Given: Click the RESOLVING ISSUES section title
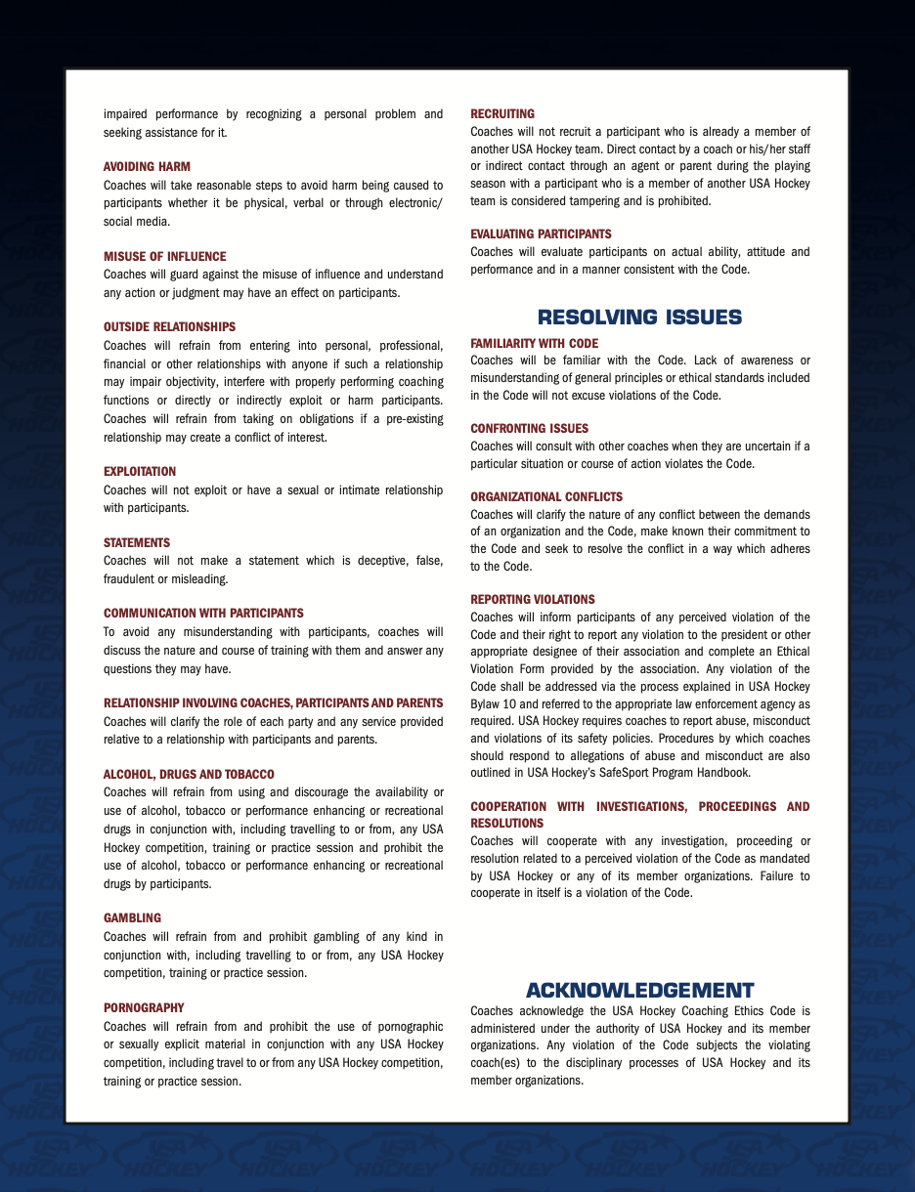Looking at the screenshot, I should coord(639,317).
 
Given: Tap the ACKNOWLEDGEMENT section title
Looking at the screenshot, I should coord(639,990).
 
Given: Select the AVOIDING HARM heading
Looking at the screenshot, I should coord(147,167).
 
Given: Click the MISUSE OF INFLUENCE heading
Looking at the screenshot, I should coord(164,257).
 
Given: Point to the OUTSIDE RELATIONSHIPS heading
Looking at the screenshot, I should coord(169,327).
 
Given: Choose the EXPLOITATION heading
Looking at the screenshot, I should coord(140,472).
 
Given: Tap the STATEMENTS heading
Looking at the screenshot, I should coord(137,543).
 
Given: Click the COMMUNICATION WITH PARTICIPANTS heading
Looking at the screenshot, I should coord(203,614).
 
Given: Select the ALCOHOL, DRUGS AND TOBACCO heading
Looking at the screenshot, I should coord(189,775).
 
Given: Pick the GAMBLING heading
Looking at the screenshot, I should coord(132,918).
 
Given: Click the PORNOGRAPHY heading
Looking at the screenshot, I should coord(144,1008).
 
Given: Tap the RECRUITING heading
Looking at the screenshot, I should coord(502,114).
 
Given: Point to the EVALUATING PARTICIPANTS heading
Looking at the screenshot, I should coord(541,234).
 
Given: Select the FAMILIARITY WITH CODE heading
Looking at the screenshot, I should coord(534,344).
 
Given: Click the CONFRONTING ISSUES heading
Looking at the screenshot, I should coord(529,429).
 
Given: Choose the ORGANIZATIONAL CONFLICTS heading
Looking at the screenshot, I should coord(546,497).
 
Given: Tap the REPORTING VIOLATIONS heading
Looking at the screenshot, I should coord(533,600).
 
